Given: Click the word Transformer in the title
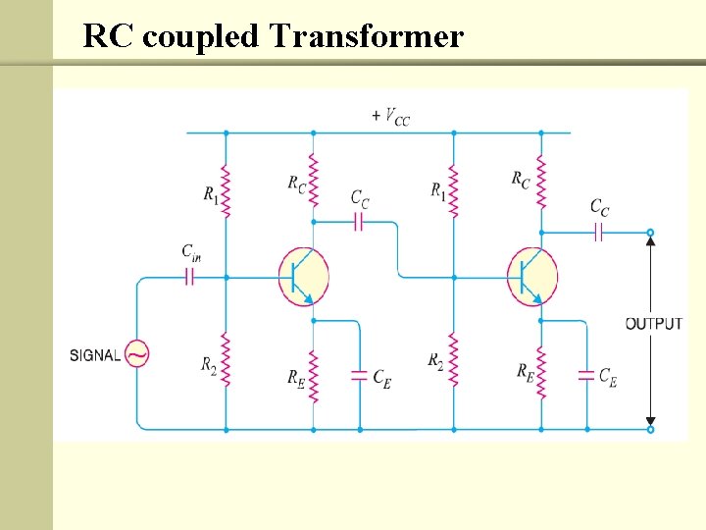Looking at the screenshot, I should pyautogui.click(x=365, y=36).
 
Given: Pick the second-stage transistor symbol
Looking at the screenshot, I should pyautogui.click(x=530, y=276).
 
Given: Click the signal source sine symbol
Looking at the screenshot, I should pyautogui.click(x=135, y=354).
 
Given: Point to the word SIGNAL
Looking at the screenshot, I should pyautogui.click(x=94, y=355).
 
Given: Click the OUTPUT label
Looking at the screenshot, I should pyautogui.click(x=654, y=323).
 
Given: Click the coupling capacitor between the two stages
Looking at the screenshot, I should pyautogui.click(x=358, y=223).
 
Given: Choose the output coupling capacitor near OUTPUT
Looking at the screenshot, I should pyautogui.click(x=599, y=233).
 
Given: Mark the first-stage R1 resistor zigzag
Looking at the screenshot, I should pyautogui.click(x=227, y=191).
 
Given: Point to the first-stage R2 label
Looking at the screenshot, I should pyautogui.click(x=209, y=365).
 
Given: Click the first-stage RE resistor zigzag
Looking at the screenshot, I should pyautogui.click(x=313, y=376).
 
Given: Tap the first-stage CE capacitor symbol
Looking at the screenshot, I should pyautogui.click(x=359, y=375).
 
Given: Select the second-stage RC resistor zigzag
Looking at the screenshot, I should pyautogui.click(x=540, y=180).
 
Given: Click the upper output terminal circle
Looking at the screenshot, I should pyautogui.click(x=649, y=233).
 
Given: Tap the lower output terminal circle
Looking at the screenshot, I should pyautogui.click(x=649, y=429).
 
